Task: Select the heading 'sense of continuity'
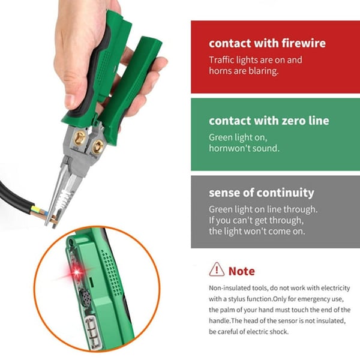[x=261, y=193]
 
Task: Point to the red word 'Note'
[x=242, y=271]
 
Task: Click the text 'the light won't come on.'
[x=257, y=231]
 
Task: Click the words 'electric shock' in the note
[x=269, y=331]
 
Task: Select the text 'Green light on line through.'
[x=263, y=209]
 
